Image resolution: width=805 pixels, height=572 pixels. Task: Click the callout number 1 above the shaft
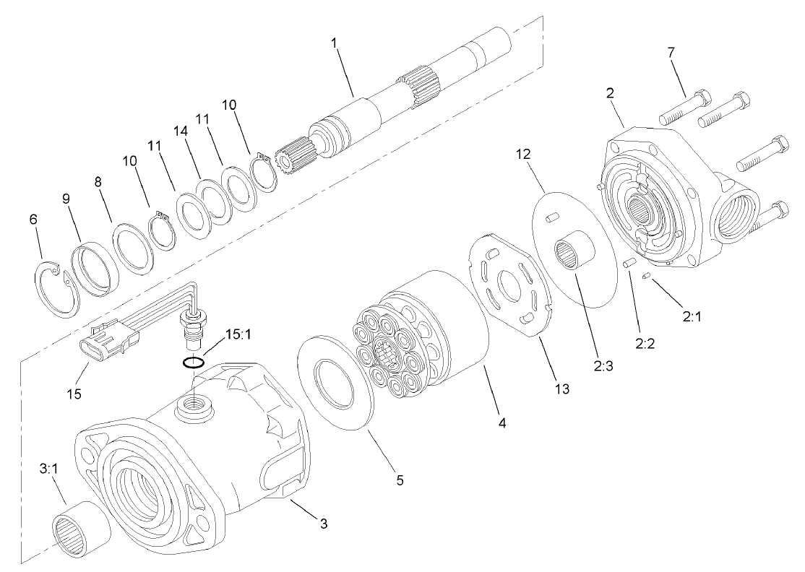click(335, 43)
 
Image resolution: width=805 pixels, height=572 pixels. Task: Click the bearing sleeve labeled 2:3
click(575, 257)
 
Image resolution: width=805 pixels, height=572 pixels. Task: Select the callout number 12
click(523, 155)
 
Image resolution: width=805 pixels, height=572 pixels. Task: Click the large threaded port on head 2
click(736, 216)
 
